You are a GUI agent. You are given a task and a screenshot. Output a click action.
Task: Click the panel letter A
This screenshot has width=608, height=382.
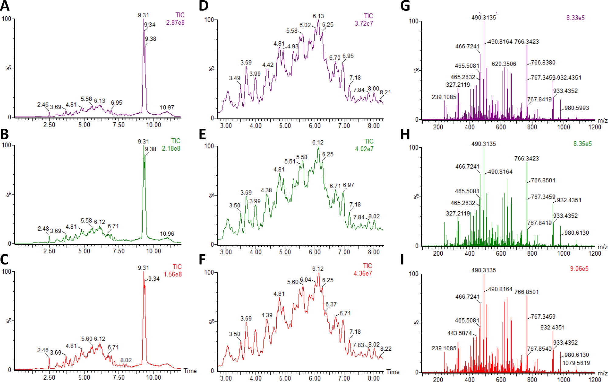click(5, 6)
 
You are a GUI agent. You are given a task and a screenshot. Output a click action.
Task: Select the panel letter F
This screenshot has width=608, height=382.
click(202, 260)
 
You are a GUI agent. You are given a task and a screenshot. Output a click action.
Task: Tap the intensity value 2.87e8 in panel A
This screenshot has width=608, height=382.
click(175, 23)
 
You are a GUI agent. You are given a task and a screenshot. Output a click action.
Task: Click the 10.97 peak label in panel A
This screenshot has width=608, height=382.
click(167, 107)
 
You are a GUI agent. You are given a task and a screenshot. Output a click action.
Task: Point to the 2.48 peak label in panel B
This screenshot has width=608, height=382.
click(43, 229)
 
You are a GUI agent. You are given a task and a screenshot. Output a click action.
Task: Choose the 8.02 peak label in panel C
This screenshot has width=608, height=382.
click(126, 360)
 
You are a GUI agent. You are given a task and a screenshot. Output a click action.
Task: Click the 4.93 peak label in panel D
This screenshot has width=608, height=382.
click(293, 47)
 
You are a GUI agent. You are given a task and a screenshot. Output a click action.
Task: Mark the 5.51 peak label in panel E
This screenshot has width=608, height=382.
click(290, 161)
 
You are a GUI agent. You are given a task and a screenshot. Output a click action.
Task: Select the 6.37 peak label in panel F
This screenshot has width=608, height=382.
click(331, 304)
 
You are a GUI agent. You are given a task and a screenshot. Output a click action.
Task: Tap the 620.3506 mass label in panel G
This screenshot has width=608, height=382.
click(504, 64)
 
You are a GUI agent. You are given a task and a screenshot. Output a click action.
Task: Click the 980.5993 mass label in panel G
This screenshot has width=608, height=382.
click(577, 108)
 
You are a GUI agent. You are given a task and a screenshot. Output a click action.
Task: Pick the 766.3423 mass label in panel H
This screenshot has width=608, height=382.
click(527, 159)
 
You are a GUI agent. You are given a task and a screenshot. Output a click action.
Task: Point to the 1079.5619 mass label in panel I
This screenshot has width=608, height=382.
click(576, 363)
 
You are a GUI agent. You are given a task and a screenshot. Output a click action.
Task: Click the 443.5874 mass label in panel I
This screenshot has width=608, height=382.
click(459, 333)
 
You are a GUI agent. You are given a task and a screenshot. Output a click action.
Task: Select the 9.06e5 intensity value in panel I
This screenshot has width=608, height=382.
click(579, 269)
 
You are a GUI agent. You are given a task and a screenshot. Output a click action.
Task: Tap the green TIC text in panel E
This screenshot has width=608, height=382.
click(369, 142)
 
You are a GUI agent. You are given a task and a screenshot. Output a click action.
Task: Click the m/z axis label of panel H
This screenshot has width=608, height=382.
click(603, 247)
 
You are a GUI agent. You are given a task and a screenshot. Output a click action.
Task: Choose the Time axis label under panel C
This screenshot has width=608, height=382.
click(190, 371)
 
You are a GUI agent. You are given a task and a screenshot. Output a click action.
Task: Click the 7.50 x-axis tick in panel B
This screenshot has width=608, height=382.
click(119, 251)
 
